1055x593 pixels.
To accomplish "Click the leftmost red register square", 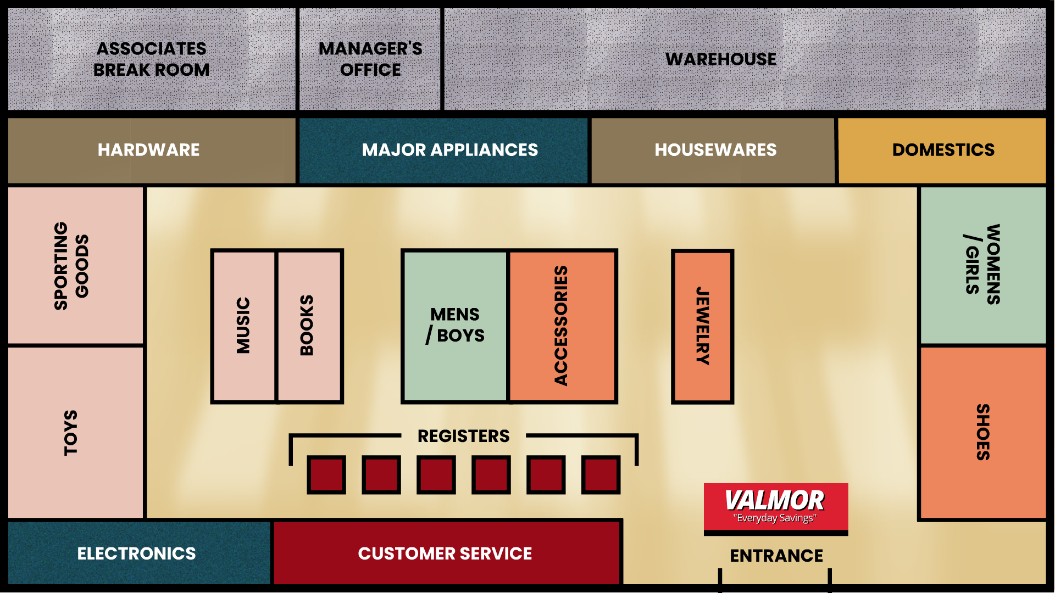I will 326,474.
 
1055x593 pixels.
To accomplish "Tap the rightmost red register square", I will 601,474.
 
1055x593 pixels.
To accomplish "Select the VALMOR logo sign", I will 775,500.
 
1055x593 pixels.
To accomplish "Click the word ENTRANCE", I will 776,556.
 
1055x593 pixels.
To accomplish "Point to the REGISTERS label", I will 463,436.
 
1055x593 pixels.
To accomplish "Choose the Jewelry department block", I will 702,326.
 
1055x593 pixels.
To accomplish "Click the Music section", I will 243,326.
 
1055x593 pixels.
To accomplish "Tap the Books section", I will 309,326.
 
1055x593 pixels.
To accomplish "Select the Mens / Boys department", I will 455,326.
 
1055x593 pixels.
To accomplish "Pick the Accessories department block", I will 562,326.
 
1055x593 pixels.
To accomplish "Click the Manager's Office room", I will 370,59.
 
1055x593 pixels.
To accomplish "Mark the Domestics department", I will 942,150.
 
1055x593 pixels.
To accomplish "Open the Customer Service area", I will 445,553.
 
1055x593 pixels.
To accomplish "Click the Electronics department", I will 137,553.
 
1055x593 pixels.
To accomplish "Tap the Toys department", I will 75,433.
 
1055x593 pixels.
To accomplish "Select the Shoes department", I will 982,433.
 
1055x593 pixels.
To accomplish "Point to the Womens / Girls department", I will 982,265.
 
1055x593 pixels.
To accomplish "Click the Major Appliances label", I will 450,150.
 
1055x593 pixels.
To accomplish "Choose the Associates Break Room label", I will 152,59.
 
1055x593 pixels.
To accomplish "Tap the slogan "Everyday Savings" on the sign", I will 775,518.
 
